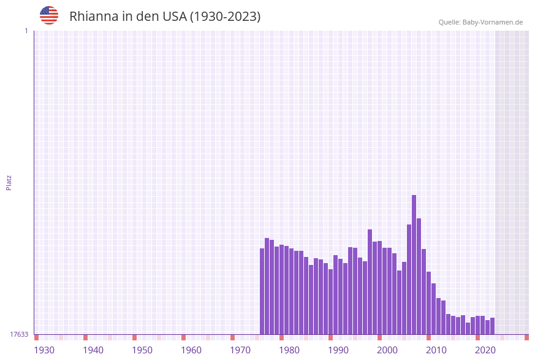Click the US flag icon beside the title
[49, 15]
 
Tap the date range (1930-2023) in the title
[225, 17]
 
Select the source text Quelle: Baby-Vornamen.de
[480, 22]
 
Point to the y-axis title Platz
[9, 182]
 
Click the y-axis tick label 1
[26, 31]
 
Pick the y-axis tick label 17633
[19, 334]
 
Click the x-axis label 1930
[44, 350]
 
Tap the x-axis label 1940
[93, 350]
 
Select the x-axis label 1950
[142, 350]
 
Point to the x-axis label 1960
[191, 350]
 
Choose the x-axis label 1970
[240, 350]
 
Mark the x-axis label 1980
[289, 350]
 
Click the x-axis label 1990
[338, 350]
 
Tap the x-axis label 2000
[387, 350]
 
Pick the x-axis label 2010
[436, 350]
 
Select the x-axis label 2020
[485, 350]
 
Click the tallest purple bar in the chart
[414, 264]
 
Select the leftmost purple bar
[262, 291]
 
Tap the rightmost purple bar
[493, 326]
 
